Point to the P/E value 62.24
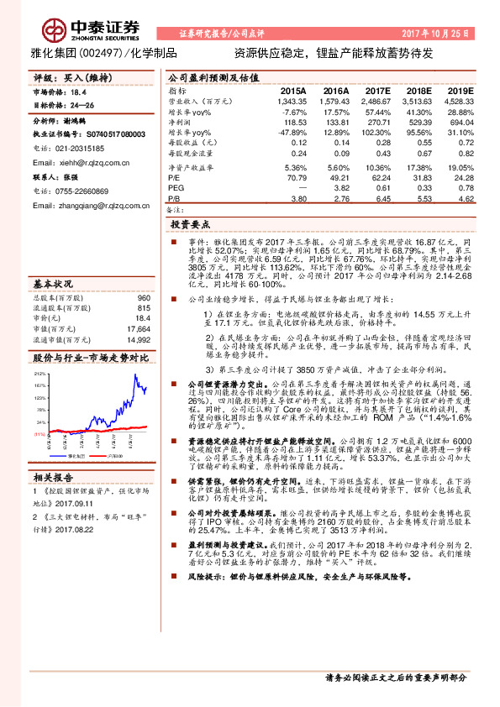[378, 178]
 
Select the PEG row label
[176, 188]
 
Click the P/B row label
[175, 198]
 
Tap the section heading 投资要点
[193, 226]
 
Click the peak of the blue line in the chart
[136, 374]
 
